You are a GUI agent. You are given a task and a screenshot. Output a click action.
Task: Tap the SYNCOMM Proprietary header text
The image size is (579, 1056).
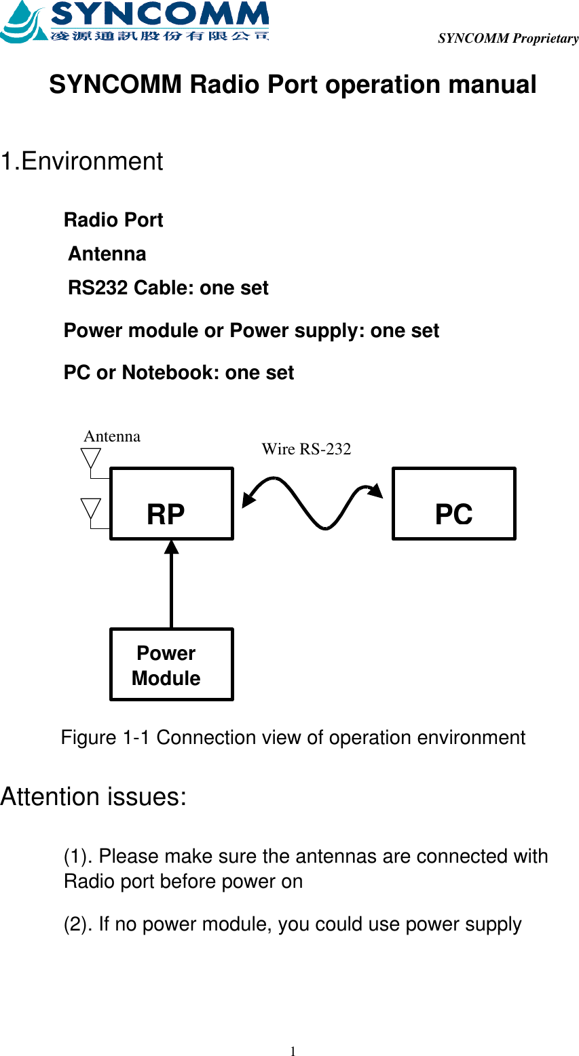tap(508, 38)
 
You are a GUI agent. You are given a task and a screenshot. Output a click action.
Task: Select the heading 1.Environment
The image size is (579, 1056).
tap(81, 161)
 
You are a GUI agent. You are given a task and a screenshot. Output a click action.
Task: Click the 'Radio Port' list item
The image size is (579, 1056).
tap(113, 220)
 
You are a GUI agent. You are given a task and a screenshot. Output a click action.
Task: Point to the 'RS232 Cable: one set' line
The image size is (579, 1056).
tap(168, 288)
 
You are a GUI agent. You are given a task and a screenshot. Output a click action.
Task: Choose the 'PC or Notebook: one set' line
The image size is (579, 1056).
tap(179, 372)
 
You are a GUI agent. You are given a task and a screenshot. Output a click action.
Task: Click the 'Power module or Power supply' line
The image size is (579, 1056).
tap(251, 330)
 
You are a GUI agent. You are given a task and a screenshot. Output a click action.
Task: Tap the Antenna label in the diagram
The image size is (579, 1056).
tap(112, 436)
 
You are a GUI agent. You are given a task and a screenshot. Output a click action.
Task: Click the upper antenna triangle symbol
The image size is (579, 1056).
tap(92, 457)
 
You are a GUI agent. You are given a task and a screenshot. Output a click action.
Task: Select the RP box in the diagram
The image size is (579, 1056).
tap(171, 503)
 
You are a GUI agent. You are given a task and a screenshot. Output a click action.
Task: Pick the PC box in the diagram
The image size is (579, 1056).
tap(453, 503)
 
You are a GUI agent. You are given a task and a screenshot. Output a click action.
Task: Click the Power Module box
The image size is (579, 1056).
tap(171, 665)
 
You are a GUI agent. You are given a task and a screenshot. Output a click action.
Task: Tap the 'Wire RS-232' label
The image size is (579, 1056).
tap(306, 449)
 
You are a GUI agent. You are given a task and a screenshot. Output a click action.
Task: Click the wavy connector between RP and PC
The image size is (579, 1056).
tap(312, 502)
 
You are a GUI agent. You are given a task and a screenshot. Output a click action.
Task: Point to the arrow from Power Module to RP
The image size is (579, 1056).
tap(171, 583)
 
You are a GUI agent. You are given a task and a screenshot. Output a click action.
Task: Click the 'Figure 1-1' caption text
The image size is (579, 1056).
tap(293, 737)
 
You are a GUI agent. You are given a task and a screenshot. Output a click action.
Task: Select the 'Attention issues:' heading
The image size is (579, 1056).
tap(93, 796)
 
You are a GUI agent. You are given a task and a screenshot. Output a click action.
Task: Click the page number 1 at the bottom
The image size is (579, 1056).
tap(293, 1051)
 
